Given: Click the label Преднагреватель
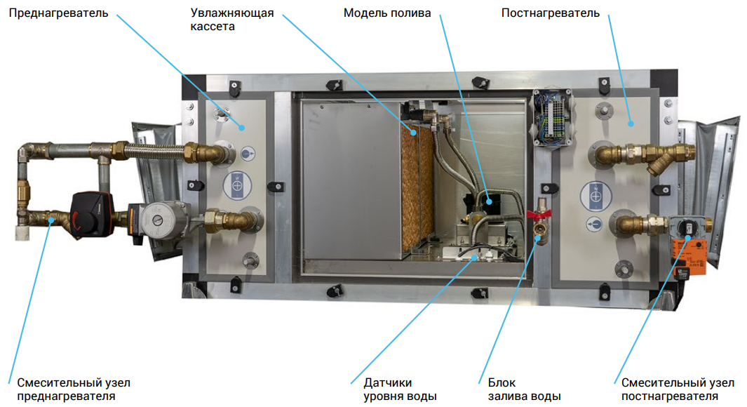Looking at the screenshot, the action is point(58,13).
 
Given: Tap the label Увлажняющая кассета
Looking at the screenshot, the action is point(223,20).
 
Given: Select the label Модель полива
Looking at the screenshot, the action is point(387,13).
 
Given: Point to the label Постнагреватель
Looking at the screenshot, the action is point(551,13).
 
